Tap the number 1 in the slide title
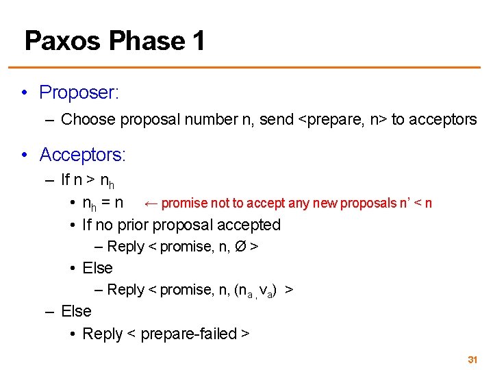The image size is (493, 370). tap(198, 41)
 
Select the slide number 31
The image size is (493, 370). tap(472, 360)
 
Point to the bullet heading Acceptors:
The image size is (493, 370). tap(83, 155)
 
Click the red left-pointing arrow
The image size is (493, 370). tap(151, 203)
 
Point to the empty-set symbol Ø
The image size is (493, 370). tap(240, 246)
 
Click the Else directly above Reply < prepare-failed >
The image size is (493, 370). tap(76, 311)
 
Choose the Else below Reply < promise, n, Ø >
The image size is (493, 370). tap(97, 268)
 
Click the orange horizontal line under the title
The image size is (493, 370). tap(246, 67)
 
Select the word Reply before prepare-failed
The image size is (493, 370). tap(102, 334)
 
